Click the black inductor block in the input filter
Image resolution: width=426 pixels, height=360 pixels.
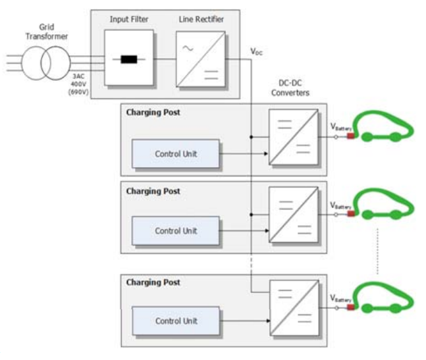(x=129, y=59)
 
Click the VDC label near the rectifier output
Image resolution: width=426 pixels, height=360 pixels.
(x=256, y=51)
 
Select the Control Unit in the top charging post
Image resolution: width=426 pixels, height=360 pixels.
(x=175, y=154)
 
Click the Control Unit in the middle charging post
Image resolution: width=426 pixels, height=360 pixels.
(x=175, y=230)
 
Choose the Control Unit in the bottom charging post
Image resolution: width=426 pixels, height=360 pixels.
(x=175, y=321)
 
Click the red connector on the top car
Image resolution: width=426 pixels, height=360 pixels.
(x=351, y=137)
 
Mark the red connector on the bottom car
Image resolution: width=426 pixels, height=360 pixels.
(x=351, y=307)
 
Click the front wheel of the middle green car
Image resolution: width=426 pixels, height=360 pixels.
(x=395, y=214)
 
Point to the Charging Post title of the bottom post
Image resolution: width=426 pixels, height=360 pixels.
(x=153, y=282)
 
